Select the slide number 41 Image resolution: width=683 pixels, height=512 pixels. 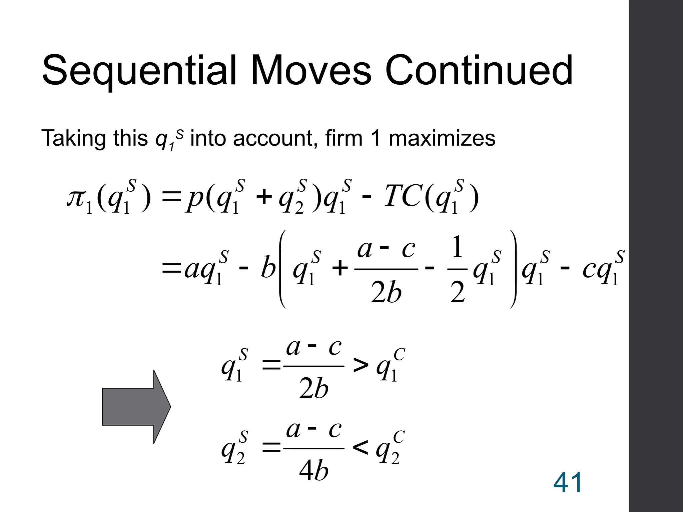[568, 482]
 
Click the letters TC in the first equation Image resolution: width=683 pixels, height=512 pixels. [403, 197]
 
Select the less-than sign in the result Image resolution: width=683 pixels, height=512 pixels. [361, 448]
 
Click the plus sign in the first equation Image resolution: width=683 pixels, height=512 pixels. [264, 197]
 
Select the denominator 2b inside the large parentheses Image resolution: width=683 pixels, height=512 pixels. [386, 293]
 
